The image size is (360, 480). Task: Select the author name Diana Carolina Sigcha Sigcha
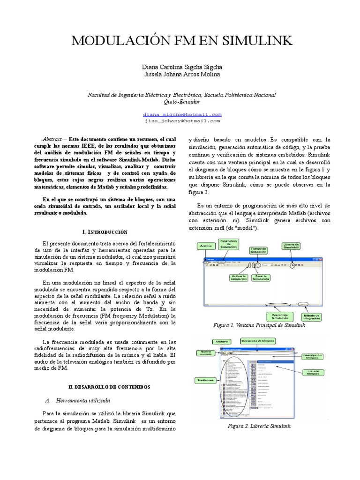tap(182, 67)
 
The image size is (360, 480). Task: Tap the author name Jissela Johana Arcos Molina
tap(182, 74)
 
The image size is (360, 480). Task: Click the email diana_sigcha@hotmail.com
tap(182, 114)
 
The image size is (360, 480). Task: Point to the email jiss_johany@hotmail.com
tap(182, 120)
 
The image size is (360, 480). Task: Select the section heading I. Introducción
tap(105, 232)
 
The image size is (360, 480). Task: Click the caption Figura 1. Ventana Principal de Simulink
tap(259, 325)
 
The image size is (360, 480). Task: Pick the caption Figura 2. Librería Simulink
tap(259, 426)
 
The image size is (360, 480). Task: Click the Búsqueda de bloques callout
tap(256, 341)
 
